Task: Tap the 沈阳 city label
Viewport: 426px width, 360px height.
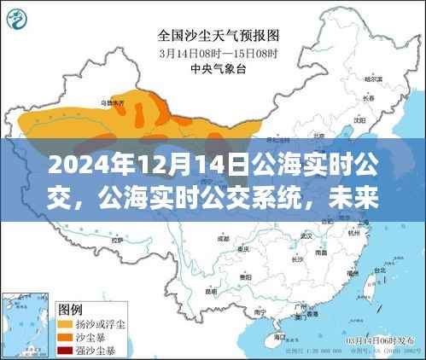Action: tap(372, 120)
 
